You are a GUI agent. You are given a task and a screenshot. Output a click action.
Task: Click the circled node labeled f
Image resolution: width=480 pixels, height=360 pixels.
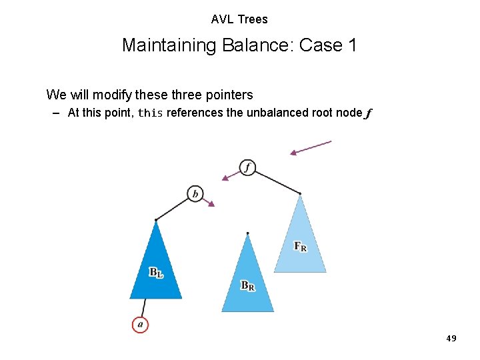click(247, 167)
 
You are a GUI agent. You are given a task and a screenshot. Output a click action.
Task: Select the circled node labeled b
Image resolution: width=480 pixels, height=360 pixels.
click(195, 194)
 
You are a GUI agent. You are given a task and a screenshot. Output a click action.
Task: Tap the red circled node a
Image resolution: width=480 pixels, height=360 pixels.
click(139, 325)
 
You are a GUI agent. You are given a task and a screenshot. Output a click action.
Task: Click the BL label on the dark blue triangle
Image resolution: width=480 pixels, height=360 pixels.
click(156, 272)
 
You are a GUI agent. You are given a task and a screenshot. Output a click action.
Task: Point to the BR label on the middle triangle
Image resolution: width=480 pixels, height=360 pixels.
click(248, 285)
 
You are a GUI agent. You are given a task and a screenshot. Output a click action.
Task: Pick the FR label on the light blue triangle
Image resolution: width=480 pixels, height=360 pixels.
click(301, 246)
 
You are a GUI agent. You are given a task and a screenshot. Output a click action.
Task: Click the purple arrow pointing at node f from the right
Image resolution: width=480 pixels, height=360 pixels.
click(311, 147)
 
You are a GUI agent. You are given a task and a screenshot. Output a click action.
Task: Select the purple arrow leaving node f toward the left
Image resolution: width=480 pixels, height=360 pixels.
click(231, 175)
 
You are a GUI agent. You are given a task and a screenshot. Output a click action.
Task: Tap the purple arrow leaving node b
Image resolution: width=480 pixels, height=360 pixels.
click(208, 201)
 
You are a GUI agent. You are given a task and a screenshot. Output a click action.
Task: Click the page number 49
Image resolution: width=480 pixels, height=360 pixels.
click(451, 339)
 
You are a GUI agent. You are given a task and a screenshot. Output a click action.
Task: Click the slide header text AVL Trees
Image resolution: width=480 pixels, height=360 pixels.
click(239, 19)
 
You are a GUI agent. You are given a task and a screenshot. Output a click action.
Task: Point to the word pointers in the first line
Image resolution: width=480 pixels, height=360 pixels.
click(229, 95)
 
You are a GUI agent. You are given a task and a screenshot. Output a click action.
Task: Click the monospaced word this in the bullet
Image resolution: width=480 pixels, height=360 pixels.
click(150, 113)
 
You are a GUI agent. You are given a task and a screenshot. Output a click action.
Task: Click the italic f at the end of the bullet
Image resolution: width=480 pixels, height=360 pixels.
click(368, 113)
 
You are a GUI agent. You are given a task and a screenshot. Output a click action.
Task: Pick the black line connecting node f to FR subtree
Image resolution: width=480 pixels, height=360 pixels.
click(278, 182)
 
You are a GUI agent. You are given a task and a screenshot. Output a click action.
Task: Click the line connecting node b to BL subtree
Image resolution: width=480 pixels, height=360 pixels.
click(172, 209)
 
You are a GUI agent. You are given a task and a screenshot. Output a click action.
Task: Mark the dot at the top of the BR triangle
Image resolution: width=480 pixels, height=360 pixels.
click(247, 233)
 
